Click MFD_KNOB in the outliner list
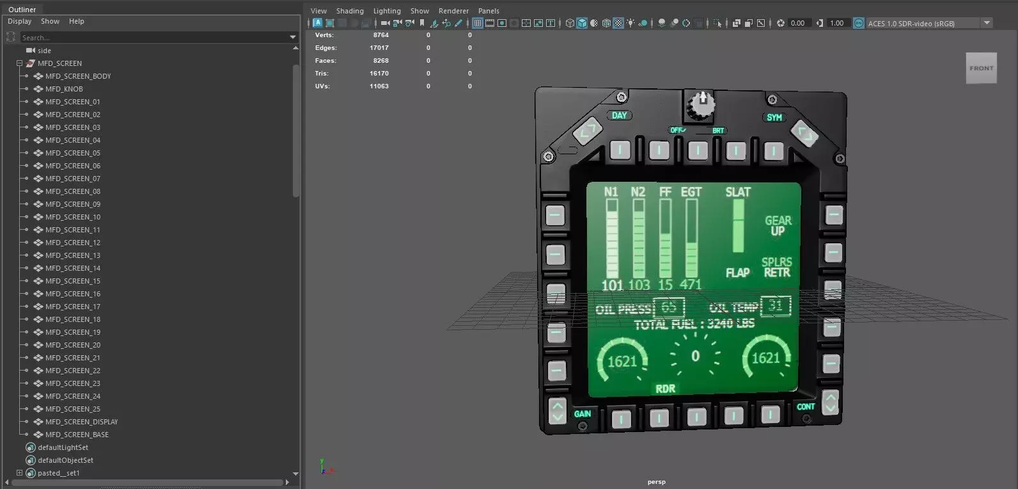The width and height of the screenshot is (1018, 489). pyautogui.click(x=64, y=89)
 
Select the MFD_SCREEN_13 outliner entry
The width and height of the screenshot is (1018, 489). pyautogui.click(x=72, y=255)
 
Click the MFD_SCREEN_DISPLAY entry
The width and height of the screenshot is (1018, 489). pyautogui.click(x=81, y=422)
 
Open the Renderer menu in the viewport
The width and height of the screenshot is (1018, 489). pyautogui.click(x=453, y=11)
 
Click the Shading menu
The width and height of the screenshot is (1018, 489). pyautogui.click(x=350, y=11)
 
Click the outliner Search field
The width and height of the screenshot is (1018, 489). pyautogui.click(x=153, y=38)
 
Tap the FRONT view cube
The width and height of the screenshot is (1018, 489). pyautogui.click(x=981, y=68)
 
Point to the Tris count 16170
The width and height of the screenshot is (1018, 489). pyautogui.click(x=379, y=74)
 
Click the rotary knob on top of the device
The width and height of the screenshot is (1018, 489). pyautogui.click(x=701, y=106)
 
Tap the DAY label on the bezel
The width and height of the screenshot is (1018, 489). pyautogui.click(x=619, y=116)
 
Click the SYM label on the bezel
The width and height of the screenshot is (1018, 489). pyautogui.click(x=774, y=118)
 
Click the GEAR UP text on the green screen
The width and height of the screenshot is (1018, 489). pyautogui.click(x=778, y=225)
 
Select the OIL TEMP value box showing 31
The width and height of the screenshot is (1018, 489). pyautogui.click(x=776, y=306)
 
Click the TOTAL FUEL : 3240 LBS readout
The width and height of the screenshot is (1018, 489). pyautogui.click(x=694, y=324)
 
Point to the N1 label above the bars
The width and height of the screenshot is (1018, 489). pyautogui.click(x=611, y=192)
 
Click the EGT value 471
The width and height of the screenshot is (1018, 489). pyautogui.click(x=691, y=284)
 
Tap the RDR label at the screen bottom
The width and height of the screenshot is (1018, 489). pyautogui.click(x=665, y=389)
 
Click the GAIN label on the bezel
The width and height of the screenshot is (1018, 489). pyautogui.click(x=582, y=414)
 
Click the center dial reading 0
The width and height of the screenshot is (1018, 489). pyautogui.click(x=695, y=357)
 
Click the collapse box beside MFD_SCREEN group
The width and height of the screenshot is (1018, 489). pyautogui.click(x=19, y=63)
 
